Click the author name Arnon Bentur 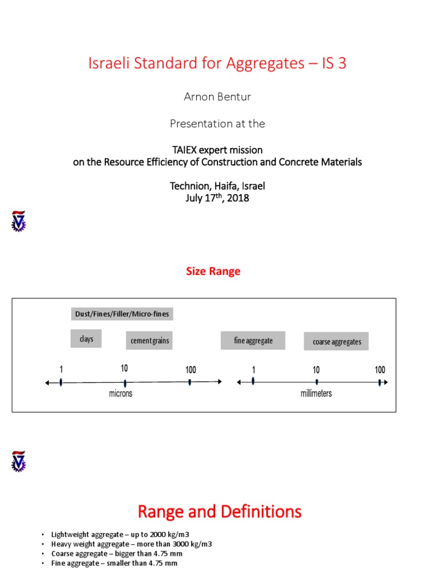click(217, 97)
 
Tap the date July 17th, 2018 click(217, 198)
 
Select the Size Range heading click(213, 271)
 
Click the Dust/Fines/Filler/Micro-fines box click(122, 314)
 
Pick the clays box click(86, 339)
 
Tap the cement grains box click(149, 341)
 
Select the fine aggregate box click(253, 341)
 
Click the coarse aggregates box click(336, 342)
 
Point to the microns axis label click(120, 393)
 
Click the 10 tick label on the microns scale click(124, 368)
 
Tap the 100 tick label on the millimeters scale click(379, 369)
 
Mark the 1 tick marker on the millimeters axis click(253, 381)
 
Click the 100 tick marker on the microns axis click(190, 382)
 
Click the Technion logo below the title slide click(18, 221)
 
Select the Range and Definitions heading click(219, 511)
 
